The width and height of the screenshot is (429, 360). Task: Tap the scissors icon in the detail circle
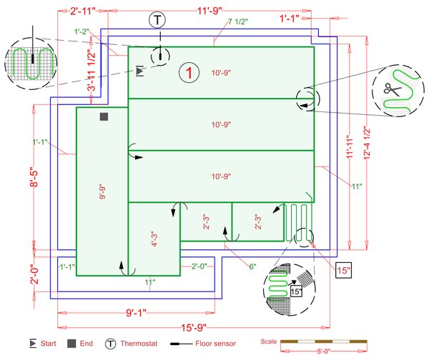click(391, 89)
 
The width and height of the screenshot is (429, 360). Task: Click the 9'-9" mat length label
click(102, 191)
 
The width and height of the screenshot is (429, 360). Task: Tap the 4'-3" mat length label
click(153, 239)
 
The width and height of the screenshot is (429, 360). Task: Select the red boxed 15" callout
click(345, 270)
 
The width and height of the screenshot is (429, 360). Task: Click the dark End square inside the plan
click(104, 116)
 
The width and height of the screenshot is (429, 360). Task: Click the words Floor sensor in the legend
click(215, 344)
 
